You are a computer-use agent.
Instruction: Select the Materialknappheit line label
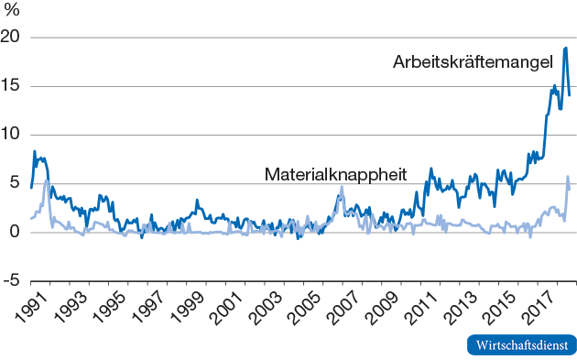(x=335, y=173)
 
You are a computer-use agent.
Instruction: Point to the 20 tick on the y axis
(x=13, y=38)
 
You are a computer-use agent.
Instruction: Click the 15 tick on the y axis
(x=13, y=86)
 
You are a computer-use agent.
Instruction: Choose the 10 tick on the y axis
(x=13, y=135)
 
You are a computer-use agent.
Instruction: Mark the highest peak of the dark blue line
(x=566, y=48)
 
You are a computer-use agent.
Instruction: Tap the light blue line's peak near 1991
(x=47, y=180)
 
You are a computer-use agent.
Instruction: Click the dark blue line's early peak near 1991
(x=35, y=151)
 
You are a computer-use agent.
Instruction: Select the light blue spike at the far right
(x=568, y=177)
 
